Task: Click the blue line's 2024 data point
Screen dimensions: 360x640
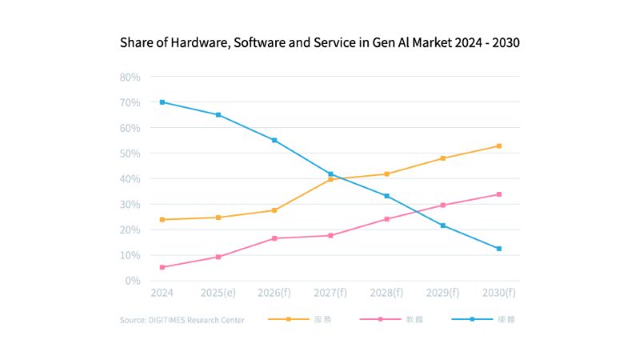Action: click(162, 102)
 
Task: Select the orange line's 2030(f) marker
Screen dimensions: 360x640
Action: click(498, 146)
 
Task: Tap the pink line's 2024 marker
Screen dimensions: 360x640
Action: click(162, 267)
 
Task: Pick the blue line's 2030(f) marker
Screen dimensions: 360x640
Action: click(498, 249)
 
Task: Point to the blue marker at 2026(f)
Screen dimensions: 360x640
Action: click(274, 140)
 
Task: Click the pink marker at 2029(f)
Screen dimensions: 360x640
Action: click(442, 205)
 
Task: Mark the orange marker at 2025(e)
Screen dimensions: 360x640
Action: click(218, 218)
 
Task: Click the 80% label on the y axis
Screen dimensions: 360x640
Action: click(130, 77)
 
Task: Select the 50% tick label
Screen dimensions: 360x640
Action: click(130, 154)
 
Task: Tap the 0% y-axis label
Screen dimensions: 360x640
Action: click(133, 281)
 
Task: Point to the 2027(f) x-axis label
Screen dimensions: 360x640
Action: click(330, 294)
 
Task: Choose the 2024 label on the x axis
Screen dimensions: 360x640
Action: click(162, 294)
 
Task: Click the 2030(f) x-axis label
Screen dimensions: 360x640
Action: click(498, 294)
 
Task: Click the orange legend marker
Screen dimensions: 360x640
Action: click(287, 319)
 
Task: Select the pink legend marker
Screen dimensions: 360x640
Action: click(379, 319)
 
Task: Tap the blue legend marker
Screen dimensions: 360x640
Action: click(471, 319)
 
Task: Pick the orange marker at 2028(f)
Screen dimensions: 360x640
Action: click(386, 174)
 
